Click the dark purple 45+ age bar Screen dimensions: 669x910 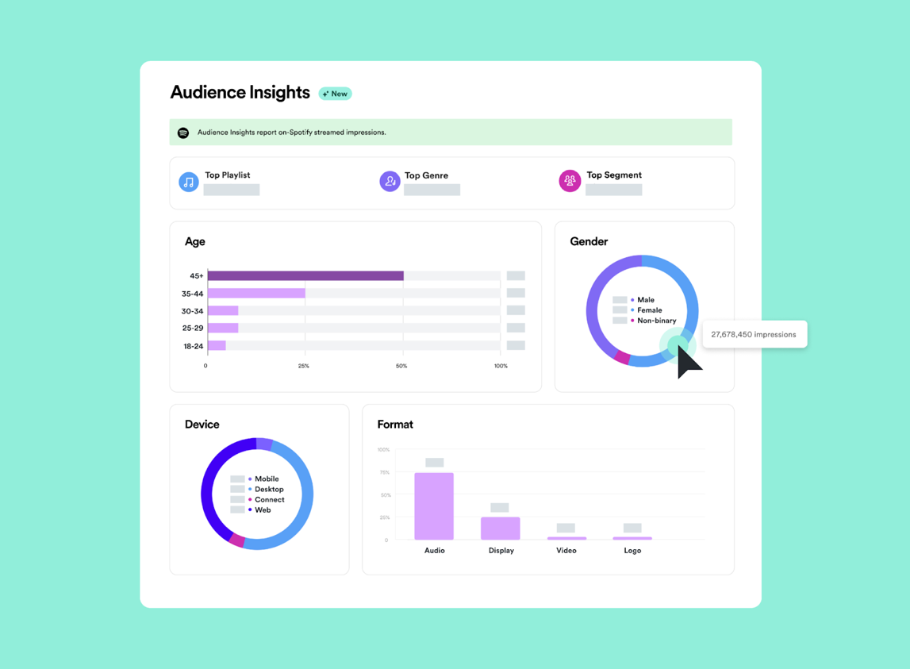point(305,276)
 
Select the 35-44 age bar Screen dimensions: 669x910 point(256,294)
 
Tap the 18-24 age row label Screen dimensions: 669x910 point(193,346)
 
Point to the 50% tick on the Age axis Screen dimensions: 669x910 point(401,366)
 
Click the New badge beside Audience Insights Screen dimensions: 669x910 point(336,94)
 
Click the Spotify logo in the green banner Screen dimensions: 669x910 point(183,133)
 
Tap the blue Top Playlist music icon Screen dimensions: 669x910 point(189,183)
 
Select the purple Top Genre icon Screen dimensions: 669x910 point(390,183)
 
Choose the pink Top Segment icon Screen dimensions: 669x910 point(570,182)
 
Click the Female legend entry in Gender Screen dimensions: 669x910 point(649,310)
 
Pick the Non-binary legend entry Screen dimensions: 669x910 point(656,321)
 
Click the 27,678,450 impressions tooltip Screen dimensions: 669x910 point(754,334)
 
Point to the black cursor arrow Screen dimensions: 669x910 point(687,362)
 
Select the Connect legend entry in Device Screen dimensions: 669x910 point(269,500)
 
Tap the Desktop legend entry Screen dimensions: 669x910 point(268,490)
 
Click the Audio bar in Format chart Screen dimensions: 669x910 point(434,506)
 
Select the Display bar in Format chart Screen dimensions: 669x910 point(501,529)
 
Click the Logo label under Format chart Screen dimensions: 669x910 point(632,550)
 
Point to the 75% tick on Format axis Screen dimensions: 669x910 point(384,472)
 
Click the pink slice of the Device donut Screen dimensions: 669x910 point(236,540)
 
